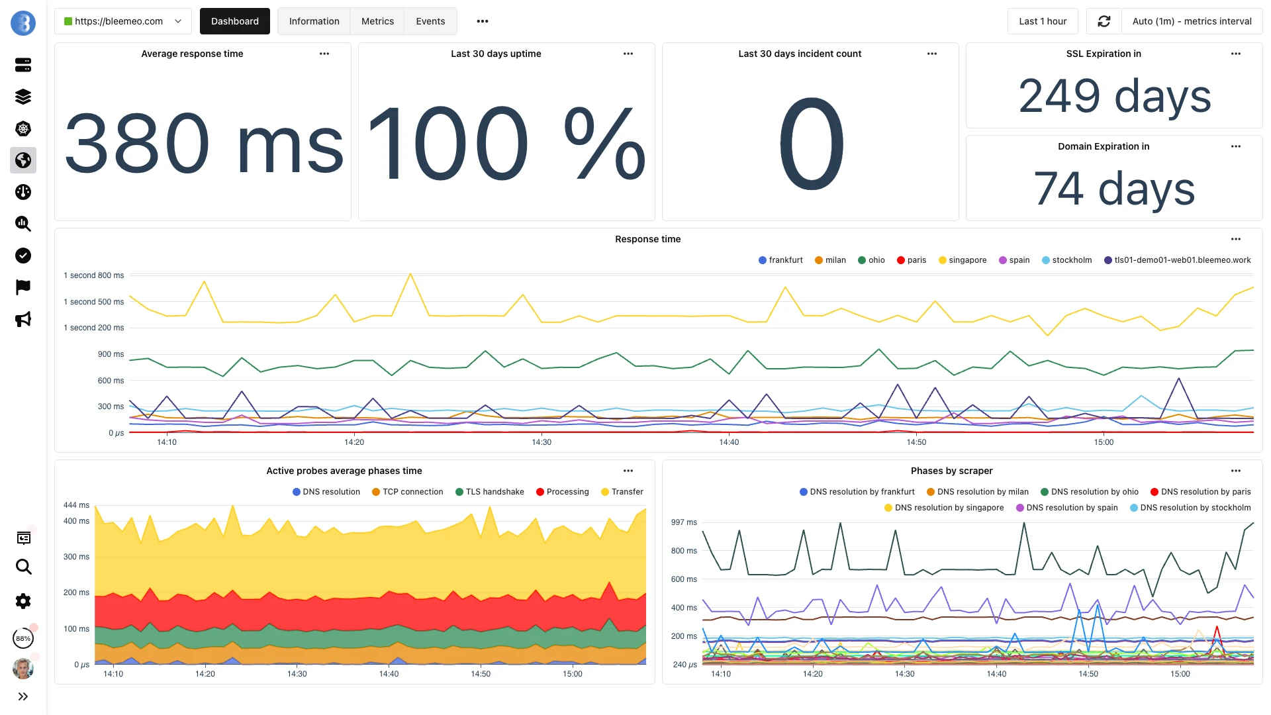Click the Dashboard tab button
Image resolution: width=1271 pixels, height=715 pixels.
(x=234, y=21)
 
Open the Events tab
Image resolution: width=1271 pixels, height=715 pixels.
(x=430, y=21)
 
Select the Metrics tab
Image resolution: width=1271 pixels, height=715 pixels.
(x=377, y=21)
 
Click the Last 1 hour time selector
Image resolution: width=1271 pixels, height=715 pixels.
(x=1042, y=21)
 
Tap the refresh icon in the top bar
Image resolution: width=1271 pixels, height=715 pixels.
(x=1104, y=21)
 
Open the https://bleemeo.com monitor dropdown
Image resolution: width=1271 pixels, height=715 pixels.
(x=122, y=21)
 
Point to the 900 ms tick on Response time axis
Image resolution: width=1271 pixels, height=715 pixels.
(x=111, y=354)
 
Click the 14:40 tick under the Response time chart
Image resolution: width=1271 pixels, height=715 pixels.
(x=729, y=442)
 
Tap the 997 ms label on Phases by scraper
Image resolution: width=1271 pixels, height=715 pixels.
(x=684, y=522)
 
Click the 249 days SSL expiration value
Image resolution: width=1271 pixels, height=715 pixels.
(x=1114, y=96)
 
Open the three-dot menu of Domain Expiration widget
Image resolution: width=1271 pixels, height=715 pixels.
(x=1235, y=146)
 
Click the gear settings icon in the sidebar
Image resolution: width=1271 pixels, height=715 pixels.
(x=23, y=601)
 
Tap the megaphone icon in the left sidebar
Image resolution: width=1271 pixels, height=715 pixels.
(x=23, y=320)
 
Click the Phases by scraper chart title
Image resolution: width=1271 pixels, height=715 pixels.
(x=951, y=471)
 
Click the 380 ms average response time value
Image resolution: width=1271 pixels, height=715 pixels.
(x=203, y=144)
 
